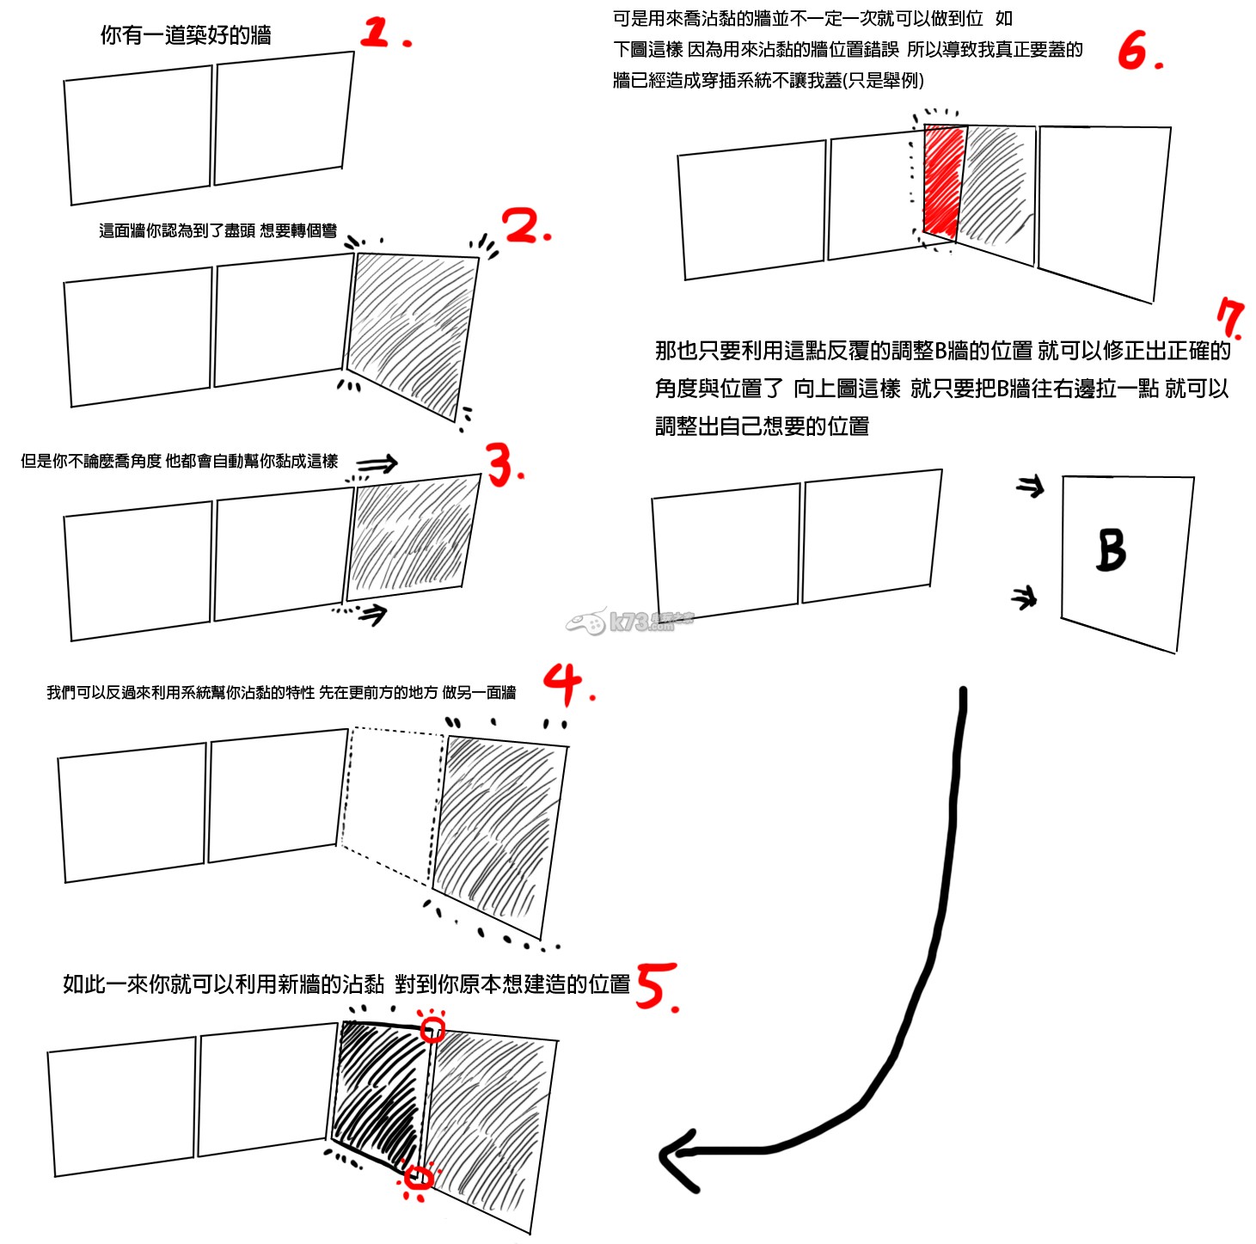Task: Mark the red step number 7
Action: pos(1231,319)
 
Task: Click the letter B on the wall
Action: pos(1111,549)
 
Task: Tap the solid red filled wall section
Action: pos(943,181)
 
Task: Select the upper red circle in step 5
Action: pos(432,1029)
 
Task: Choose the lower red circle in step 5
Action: pos(419,1177)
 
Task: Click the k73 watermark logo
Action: pos(630,621)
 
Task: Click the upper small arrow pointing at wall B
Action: pos(1030,487)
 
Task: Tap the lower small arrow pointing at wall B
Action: pos(1024,597)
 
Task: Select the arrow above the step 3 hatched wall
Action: pos(378,464)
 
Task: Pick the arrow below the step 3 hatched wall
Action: pos(373,613)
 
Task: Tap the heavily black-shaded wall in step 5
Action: pos(378,1092)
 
